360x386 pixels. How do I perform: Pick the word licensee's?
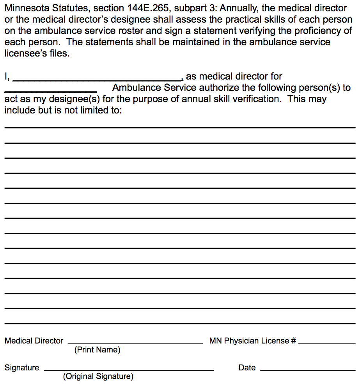coord(25,53)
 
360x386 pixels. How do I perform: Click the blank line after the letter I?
coord(96,80)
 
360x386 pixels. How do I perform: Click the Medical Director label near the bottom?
coord(34,341)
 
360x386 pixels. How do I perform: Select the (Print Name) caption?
coord(97,350)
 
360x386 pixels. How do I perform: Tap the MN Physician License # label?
coord(252,341)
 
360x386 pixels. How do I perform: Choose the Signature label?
coord(22,368)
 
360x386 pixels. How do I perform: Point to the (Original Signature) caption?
coord(98,377)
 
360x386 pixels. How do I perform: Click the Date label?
coord(247,368)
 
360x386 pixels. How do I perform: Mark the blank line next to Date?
coord(308,370)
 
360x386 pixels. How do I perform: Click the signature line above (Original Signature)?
coord(129,370)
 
